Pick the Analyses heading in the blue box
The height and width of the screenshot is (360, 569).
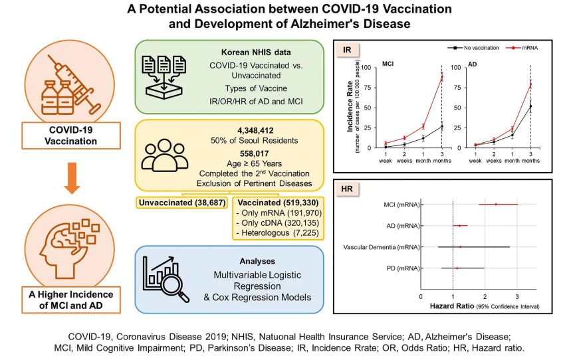pos(230,262)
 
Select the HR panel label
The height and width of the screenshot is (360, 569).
pos(348,189)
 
